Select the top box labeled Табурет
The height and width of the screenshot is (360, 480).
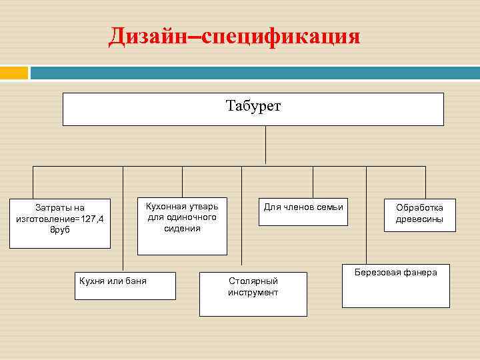[x=253, y=109]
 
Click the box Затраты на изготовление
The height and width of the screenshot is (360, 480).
[x=60, y=223]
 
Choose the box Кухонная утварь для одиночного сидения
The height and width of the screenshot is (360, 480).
[x=182, y=225]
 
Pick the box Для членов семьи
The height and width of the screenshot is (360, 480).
[x=303, y=211]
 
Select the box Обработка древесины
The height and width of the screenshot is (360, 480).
[x=419, y=214]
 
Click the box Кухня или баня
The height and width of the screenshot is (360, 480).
[x=126, y=285]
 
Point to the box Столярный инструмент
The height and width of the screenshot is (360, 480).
[x=253, y=293]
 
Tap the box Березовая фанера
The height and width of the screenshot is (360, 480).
[x=395, y=287]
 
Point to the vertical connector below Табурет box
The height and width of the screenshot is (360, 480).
[x=266, y=145]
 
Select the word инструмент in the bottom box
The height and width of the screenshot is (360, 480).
[x=253, y=293]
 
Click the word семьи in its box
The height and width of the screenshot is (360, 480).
[x=330, y=207]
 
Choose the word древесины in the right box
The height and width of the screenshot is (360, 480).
[x=419, y=219]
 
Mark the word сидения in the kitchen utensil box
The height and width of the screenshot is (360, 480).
[x=182, y=228]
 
